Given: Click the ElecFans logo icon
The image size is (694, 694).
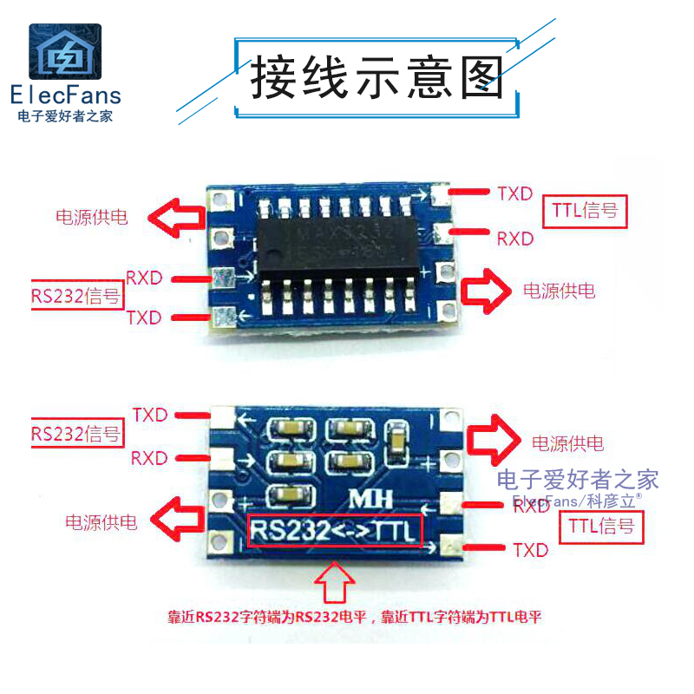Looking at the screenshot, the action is [x=65, y=53].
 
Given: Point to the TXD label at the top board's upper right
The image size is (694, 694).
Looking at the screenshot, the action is [x=514, y=193].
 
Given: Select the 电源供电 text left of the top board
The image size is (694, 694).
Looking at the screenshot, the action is [x=92, y=217].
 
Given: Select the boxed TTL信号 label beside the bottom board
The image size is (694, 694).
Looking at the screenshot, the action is [x=601, y=526].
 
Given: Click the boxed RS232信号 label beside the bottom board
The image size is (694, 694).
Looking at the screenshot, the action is [x=76, y=434].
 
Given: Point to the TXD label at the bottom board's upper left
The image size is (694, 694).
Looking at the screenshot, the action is [x=150, y=415].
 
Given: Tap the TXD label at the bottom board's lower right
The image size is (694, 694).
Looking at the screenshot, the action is [x=531, y=550].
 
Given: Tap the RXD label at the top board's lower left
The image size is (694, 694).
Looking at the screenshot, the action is [x=144, y=278].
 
